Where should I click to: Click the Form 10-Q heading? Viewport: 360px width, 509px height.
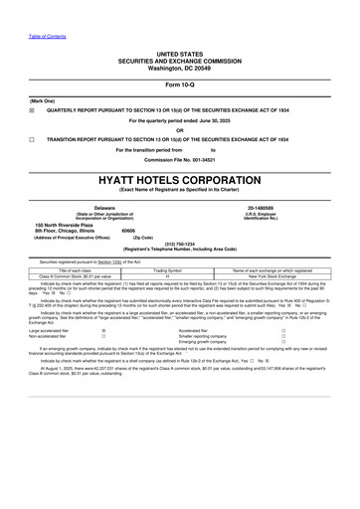[x=179, y=82]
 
